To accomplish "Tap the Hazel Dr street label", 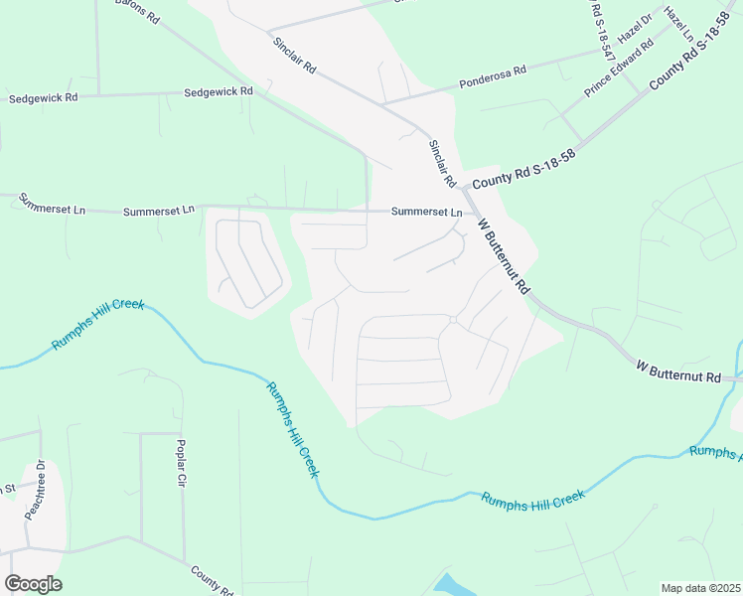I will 634,29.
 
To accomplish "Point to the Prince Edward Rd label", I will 619,69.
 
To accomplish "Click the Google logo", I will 33,584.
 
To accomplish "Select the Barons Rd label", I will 137,11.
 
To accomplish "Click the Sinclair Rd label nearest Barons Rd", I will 294,54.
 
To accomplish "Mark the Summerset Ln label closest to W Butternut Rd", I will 426,212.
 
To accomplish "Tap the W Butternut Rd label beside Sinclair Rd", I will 503,256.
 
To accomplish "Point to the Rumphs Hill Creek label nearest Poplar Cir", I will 292,431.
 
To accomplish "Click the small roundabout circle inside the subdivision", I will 452,319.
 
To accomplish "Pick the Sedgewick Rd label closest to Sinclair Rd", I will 219,91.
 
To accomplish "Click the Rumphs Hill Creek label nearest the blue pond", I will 532,500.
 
